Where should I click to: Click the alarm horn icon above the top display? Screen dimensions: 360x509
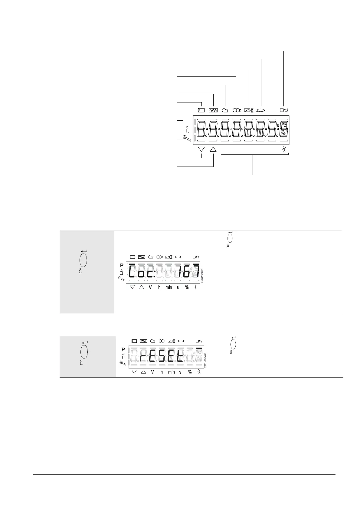pos(283,110)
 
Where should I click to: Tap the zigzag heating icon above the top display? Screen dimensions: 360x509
pos(213,110)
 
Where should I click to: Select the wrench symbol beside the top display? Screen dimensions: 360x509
pos(187,139)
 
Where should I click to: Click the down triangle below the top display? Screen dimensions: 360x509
pos(201,149)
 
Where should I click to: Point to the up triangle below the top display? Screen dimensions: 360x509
pos(213,149)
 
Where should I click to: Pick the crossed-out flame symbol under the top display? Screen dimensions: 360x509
pos(284,149)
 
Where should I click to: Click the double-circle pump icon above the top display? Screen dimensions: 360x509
pos(236,110)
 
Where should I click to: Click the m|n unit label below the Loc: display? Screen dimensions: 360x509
pos(169,287)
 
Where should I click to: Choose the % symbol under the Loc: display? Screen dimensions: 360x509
pos(187,287)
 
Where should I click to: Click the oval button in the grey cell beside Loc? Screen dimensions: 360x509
pos(83,260)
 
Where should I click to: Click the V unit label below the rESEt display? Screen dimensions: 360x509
pos(152,372)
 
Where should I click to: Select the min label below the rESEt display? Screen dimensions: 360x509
pos(171,372)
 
